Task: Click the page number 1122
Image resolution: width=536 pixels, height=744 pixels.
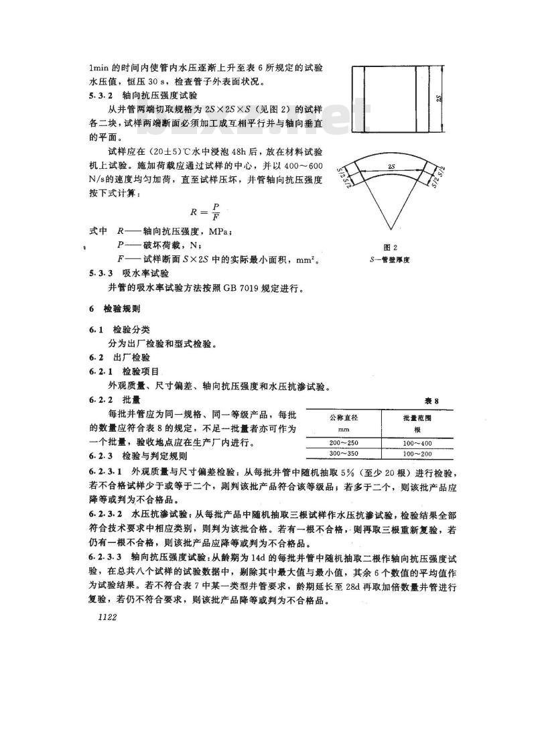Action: (108, 617)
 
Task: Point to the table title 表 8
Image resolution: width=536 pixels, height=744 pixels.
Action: (431, 401)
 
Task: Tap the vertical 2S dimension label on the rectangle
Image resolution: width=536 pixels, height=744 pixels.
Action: (438, 99)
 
